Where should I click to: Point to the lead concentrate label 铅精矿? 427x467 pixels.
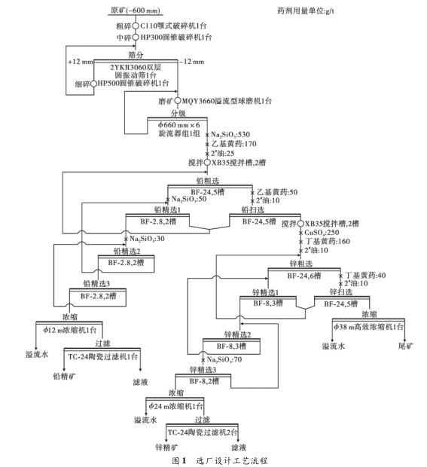[64, 371]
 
